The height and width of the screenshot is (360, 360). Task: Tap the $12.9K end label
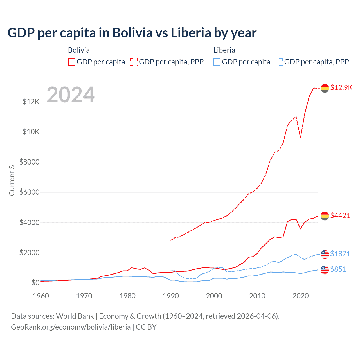pos(341,87)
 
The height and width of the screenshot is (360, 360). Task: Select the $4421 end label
pos(340,215)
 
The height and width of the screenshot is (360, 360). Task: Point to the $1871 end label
pos(340,254)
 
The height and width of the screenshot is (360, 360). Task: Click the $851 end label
pos(338,269)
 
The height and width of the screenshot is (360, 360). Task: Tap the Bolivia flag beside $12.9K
pos(325,88)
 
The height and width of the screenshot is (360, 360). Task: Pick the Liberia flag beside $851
pos(325,270)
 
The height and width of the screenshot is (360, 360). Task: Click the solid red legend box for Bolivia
pos(72,62)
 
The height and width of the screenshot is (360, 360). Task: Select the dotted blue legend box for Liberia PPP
pos(279,62)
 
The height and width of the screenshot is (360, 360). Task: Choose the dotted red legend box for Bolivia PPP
pos(134,62)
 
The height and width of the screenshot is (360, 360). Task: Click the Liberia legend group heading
pos(224,50)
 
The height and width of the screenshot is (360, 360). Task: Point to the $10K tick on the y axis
pos(31,132)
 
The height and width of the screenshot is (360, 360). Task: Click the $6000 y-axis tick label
pos(30,192)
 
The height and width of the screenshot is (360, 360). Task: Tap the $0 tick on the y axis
pos(35,283)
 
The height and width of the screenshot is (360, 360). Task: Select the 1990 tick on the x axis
pos(171,296)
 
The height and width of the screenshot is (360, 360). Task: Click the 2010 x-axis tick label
pos(257,296)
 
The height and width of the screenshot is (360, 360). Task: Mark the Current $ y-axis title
pos(12,180)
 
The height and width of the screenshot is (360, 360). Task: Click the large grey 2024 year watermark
pos(71,94)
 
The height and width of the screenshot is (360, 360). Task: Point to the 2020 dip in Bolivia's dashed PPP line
pos(300,138)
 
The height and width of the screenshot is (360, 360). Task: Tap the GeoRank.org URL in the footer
pos(71,327)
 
